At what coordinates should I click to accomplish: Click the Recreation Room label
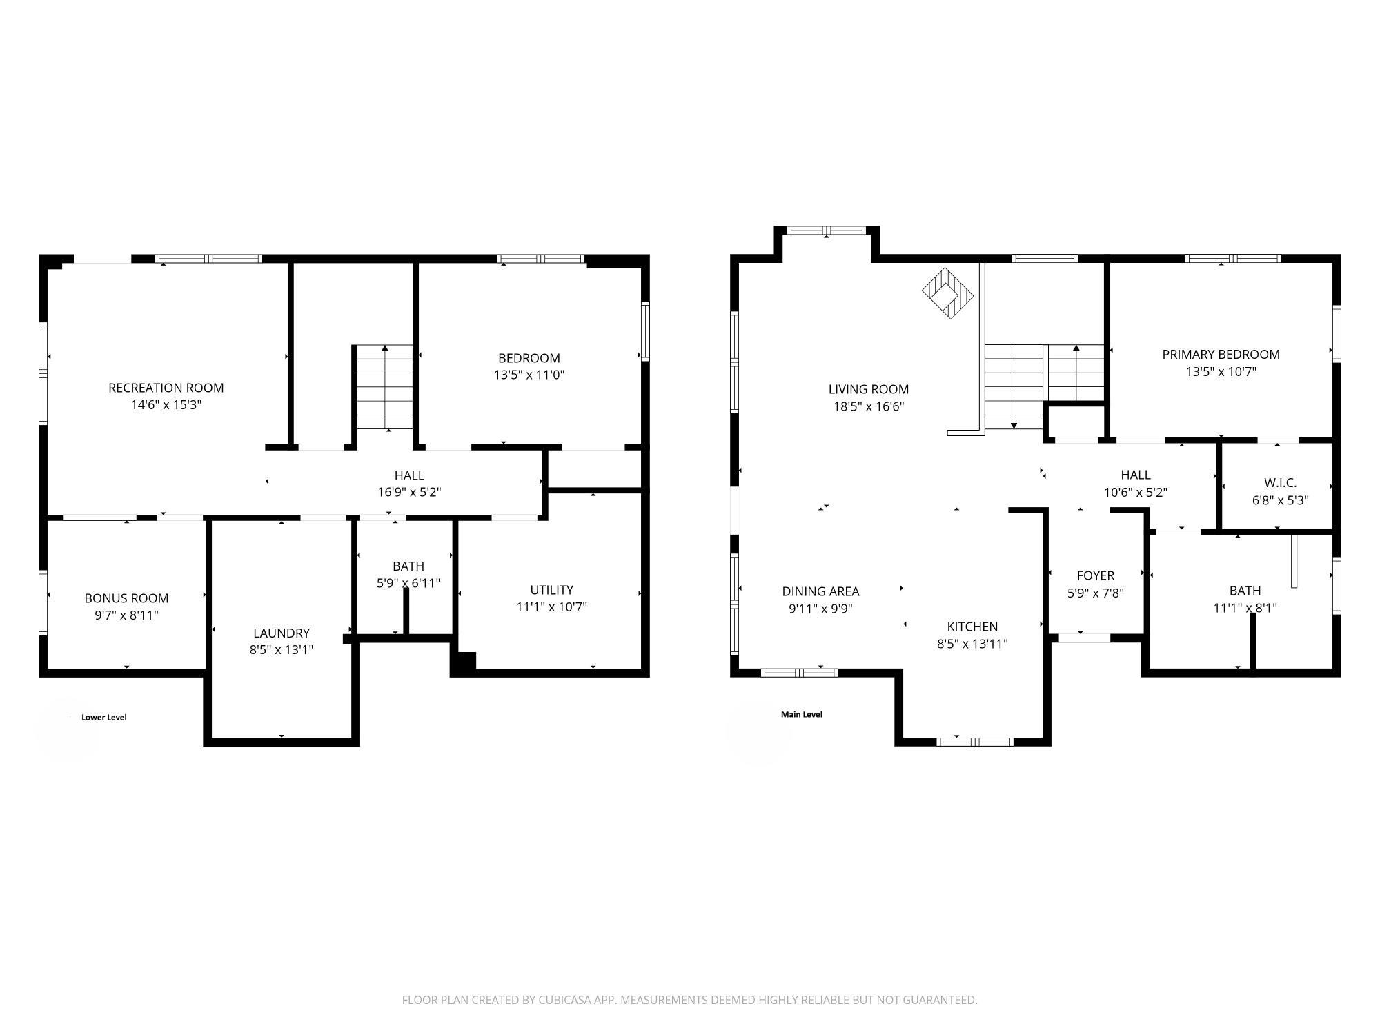pos(166,388)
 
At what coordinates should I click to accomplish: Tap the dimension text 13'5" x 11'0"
pos(529,375)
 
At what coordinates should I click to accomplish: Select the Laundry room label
pos(281,633)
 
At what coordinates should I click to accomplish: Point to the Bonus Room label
pos(126,598)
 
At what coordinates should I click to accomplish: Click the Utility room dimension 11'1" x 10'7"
pos(551,607)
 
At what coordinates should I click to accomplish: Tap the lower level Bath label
pos(408,566)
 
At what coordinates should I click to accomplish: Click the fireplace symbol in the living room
pos(948,294)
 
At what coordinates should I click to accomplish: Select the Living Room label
pos(868,389)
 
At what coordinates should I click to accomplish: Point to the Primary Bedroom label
pos(1221,355)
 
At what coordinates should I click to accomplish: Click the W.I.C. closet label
pos(1280,483)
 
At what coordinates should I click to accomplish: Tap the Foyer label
pos(1095,575)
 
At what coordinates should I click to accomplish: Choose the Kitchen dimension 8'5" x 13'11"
pos(972,644)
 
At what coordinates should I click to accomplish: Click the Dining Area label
pos(820,591)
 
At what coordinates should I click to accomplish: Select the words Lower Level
pos(104,717)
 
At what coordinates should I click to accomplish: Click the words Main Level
pos(801,714)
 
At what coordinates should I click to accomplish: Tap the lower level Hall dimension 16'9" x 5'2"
pos(409,493)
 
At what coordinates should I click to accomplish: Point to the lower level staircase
pos(384,388)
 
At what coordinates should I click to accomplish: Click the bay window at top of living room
pos(827,231)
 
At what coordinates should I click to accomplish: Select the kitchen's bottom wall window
pos(974,742)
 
